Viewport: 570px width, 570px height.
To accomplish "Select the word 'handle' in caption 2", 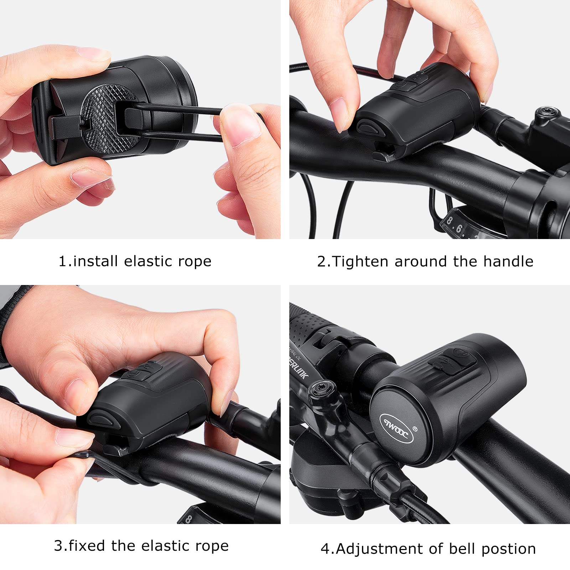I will (508, 262).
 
